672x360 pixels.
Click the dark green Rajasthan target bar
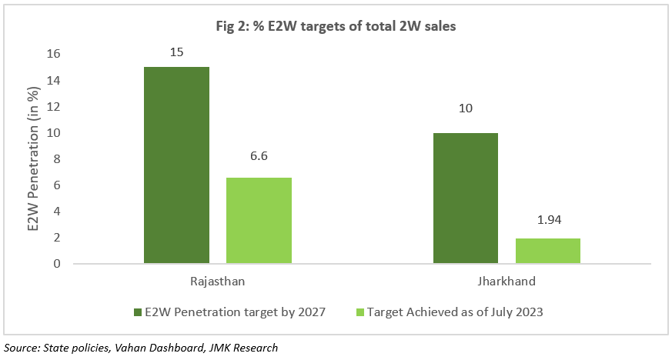(x=176, y=165)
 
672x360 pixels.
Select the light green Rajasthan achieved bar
(x=259, y=221)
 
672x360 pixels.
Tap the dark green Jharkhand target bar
(x=465, y=198)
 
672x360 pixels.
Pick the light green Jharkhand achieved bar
(x=547, y=251)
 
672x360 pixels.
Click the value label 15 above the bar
(x=176, y=53)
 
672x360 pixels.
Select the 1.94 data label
(x=547, y=220)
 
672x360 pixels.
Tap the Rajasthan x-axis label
(x=217, y=282)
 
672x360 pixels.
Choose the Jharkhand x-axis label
(x=507, y=282)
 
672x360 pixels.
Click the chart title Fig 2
(x=336, y=27)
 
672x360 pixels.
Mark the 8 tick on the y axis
(x=57, y=159)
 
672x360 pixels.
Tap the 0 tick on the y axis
(x=57, y=264)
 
